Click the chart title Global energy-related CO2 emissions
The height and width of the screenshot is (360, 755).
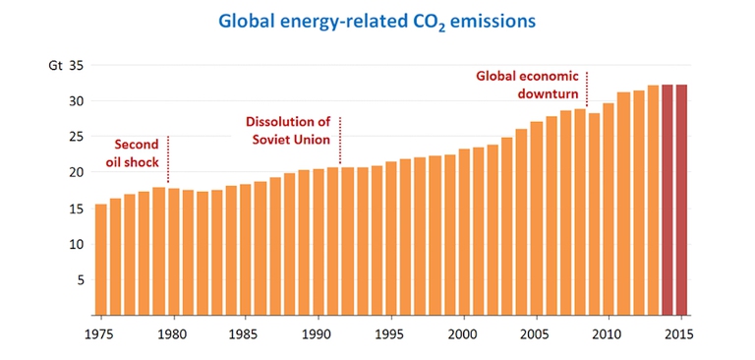[377, 20]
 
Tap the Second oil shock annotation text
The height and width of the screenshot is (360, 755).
[135, 152]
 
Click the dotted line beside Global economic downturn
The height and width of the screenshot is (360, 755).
[587, 89]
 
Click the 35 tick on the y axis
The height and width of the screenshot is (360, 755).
[77, 66]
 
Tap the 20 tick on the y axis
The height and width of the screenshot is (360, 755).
[77, 172]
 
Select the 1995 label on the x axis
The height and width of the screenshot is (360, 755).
[390, 334]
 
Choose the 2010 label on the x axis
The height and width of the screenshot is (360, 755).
[609, 334]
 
